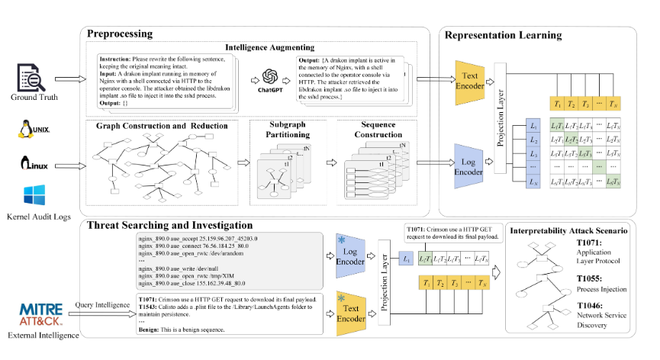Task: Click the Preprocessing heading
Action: click(120, 34)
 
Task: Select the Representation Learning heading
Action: click(503, 34)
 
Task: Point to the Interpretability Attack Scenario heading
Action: click(569, 230)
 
